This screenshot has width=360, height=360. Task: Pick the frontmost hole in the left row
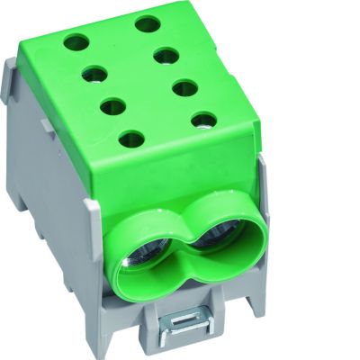click(x=131, y=139)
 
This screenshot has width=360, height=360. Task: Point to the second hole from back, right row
click(x=165, y=56)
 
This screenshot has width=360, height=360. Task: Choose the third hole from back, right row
click(x=184, y=87)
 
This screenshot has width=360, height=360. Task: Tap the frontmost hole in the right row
click(x=204, y=119)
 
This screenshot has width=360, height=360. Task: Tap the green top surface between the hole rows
click(x=139, y=81)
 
